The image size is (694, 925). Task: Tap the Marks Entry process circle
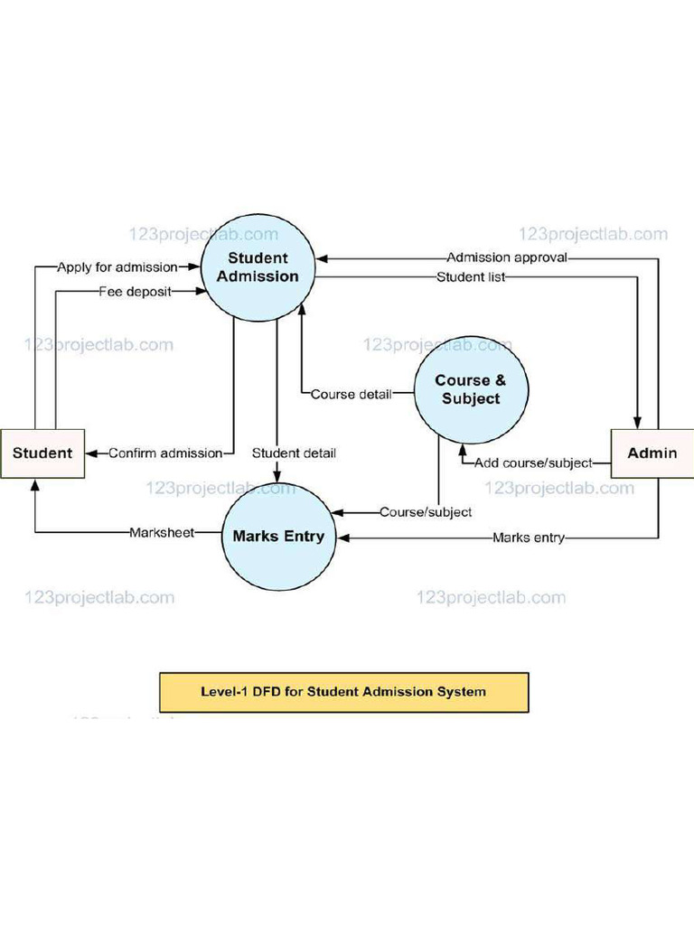click(278, 536)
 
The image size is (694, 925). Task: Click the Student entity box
click(42, 453)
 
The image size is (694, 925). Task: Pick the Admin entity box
click(652, 453)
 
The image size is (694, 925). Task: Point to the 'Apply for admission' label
click(117, 267)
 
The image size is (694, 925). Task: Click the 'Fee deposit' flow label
click(135, 291)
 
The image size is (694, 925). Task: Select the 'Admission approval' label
click(507, 257)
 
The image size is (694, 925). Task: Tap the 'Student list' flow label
click(471, 276)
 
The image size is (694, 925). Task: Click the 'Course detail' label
click(352, 394)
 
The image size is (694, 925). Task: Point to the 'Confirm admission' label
click(165, 453)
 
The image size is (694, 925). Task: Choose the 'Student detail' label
click(294, 453)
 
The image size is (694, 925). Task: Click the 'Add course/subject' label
click(533, 462)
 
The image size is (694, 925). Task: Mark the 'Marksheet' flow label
click(162, 532)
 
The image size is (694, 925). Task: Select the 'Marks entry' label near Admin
click(529, 537)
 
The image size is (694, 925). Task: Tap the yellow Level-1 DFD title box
click(343, 692)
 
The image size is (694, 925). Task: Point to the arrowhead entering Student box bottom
click(34, 485)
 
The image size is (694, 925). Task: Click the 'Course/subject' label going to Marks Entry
click(426, 512)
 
